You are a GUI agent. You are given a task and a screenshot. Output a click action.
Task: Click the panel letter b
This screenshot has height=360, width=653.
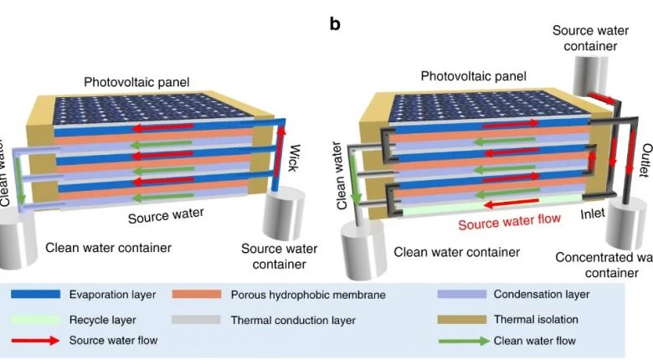[335, 23]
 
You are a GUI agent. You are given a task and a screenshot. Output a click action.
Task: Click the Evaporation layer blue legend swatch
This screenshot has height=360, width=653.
[35, 295]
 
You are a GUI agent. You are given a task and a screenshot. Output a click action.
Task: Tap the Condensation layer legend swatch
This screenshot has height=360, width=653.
[462, 295]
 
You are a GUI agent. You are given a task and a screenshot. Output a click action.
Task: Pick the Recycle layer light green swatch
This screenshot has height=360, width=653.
[35, 320]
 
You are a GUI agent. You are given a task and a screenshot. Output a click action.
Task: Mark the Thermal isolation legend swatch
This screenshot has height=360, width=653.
[462, 320]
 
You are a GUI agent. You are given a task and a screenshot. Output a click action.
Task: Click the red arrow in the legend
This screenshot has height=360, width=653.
[35, 341]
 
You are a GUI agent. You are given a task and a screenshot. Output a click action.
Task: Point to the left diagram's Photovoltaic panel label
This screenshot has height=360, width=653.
[136, 82]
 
